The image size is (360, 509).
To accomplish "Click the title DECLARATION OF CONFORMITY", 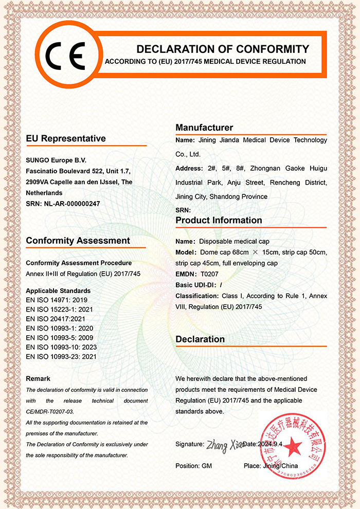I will [x=223, y=49].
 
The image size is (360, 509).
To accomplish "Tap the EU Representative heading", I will [x=66, y=138].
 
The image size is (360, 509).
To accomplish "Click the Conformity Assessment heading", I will [x=78, y=241].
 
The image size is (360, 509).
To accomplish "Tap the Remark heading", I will [x=38, y=379].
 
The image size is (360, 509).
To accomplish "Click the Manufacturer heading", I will [x=204, y=128].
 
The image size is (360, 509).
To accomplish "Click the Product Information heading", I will [x=219, y=220].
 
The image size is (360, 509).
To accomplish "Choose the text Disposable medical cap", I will [x=235, y=241].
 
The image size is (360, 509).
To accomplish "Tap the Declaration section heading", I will [x=200, y=339].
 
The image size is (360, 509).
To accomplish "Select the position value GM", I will [x=207, y=466].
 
